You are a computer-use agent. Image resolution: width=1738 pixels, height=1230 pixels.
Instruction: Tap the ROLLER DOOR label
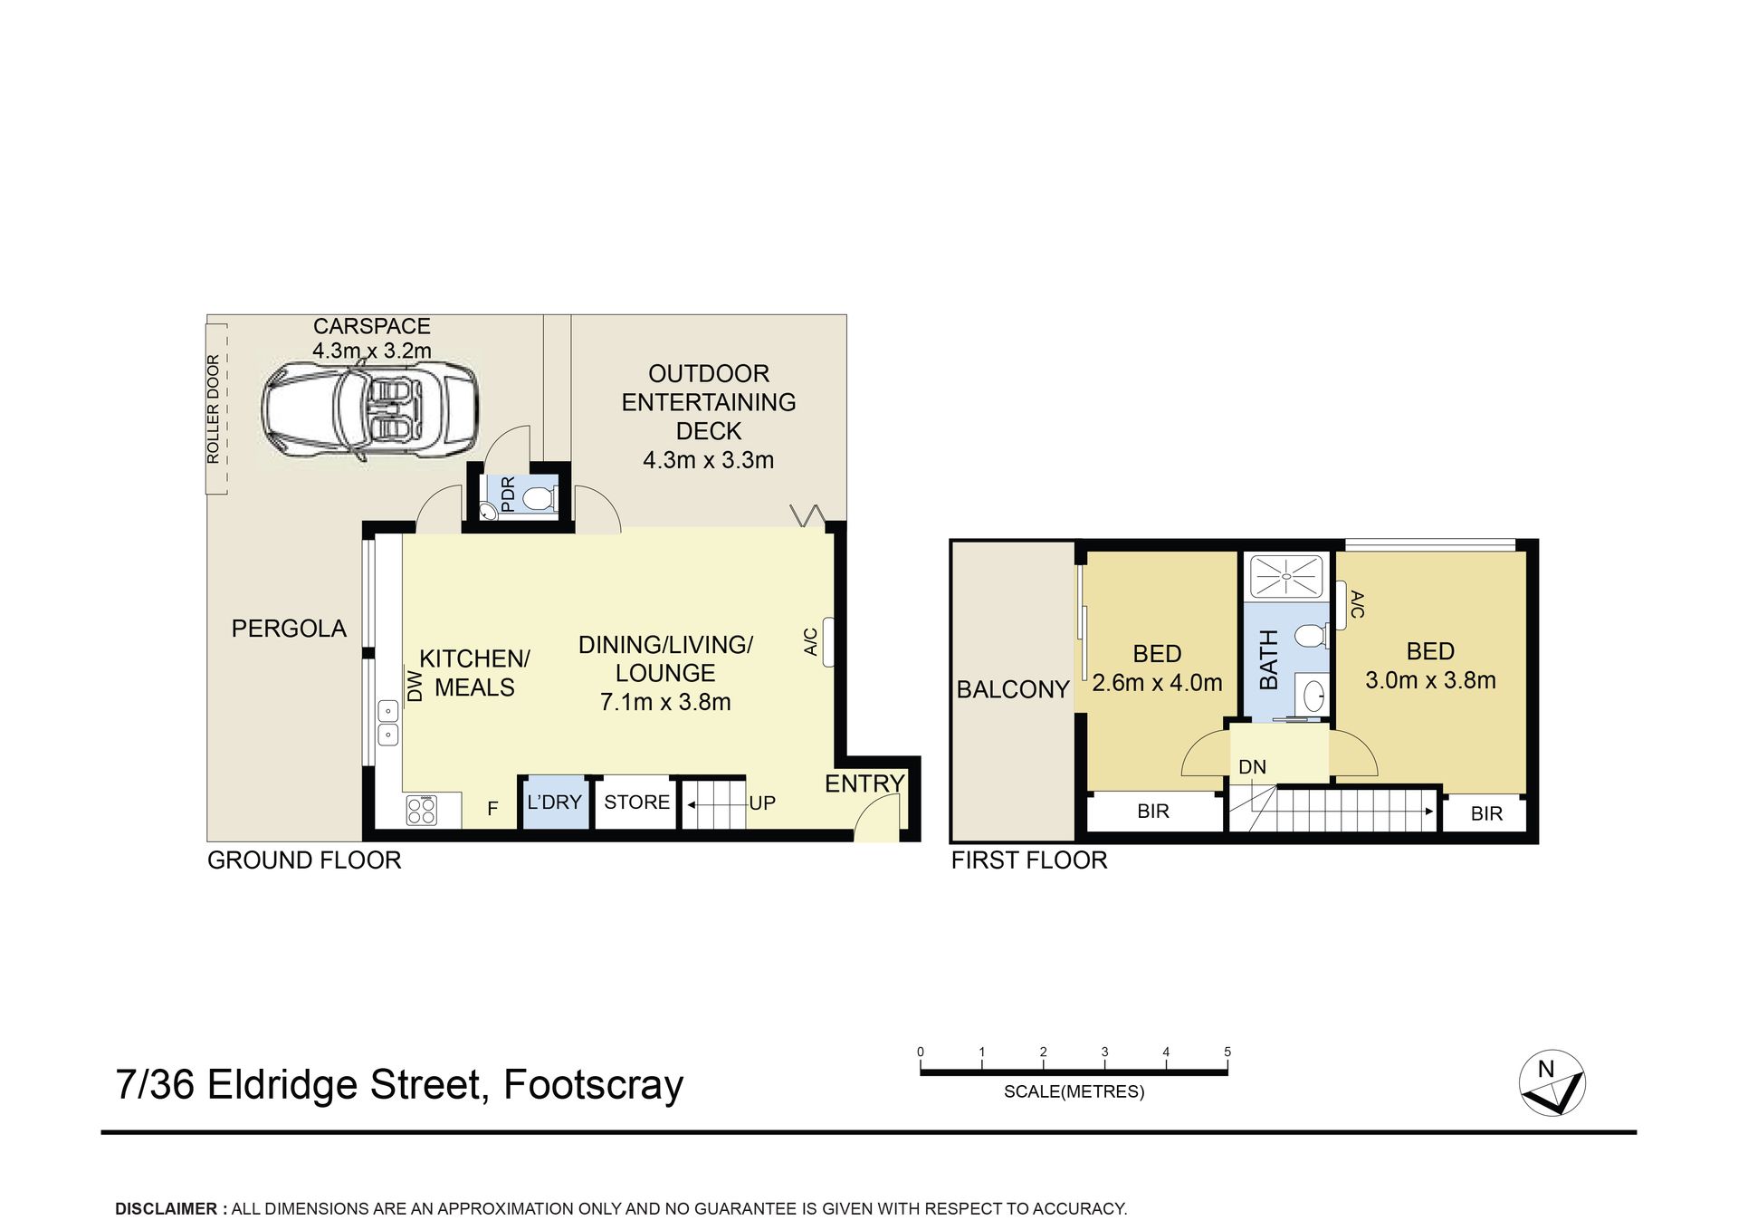click(x=214, y=409)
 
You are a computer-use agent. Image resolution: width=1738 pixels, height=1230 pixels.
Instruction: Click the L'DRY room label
click(x=554, y=802)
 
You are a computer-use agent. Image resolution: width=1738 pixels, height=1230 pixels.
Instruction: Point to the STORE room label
click(x=636, y=802)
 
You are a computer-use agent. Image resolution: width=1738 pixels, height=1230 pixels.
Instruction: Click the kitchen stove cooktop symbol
click(x=422, y=810)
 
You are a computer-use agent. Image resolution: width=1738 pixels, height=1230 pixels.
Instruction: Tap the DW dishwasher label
click(x=415, y=686)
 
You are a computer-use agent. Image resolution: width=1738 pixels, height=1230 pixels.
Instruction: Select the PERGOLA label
click(x=289, y=629)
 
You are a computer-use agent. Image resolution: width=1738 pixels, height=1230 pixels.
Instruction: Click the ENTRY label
click(x=864, y=783)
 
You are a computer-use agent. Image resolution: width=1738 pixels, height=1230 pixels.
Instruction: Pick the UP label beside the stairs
click(x=762, y=802)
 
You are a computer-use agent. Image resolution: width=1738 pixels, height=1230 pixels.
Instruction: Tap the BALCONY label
click(x=1013, y=689)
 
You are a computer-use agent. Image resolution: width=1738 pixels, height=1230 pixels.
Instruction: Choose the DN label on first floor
click(x=1252, y=767)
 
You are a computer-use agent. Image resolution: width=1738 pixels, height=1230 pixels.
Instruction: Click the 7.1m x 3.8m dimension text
click(x=665, y=702)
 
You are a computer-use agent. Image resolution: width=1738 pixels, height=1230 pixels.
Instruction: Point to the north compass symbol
click(x=1552, y=1083)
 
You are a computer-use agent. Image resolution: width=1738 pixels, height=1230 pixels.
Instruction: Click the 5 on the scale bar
click(x=1227, y=1052)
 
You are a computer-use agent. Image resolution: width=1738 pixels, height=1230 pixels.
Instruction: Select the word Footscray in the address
click(x=593, y=1085)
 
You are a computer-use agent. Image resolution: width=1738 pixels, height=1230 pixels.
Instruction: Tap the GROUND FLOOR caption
click(x=304, y=860)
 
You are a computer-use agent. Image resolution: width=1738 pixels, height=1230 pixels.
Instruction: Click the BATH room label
click(x=1269, y=659)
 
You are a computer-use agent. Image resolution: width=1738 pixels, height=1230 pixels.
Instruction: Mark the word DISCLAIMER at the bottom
click(x=166, y=1208)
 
